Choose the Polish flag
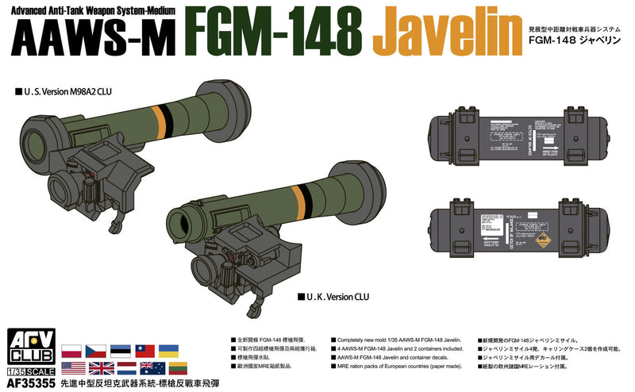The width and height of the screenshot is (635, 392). pos(71,350)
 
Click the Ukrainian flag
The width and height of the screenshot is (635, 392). pos(169,350)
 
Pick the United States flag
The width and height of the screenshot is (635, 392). pos(71,367)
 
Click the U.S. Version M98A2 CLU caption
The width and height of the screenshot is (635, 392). pos(60,91)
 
